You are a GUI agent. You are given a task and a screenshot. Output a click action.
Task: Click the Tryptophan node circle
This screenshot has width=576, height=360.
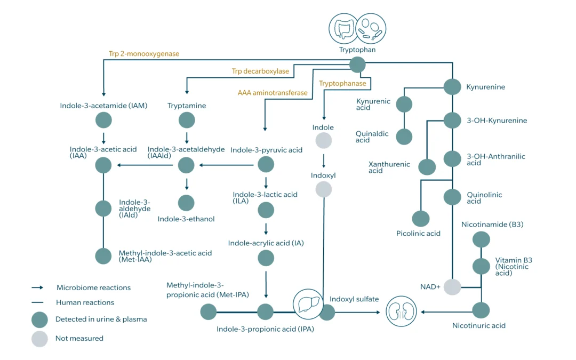pos(357,65)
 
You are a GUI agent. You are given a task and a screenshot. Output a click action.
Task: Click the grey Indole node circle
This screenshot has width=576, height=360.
pos(324,141)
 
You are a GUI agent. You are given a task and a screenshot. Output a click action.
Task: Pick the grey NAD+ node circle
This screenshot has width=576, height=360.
pos(452,287)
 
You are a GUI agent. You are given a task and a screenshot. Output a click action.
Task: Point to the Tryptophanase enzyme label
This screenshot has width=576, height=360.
pos(342,83)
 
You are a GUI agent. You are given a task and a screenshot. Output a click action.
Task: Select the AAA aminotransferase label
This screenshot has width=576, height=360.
pos(273,93)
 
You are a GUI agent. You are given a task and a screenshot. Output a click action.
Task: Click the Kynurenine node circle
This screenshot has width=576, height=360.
pos(452,86)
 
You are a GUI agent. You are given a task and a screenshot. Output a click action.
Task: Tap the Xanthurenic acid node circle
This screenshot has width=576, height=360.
pos(427,167)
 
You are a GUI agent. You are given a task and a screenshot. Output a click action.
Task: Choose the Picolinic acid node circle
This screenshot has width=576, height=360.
pos(420,219)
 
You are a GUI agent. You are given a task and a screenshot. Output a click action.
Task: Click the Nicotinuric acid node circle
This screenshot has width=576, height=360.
pos(481,310)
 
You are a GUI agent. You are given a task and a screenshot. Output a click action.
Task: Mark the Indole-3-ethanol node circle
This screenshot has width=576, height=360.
pos(186,203)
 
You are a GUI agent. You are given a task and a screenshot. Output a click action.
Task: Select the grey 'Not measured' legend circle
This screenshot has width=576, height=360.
pos(39,338)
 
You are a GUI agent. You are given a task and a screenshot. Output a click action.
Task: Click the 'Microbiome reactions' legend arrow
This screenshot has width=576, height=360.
pos(38,287)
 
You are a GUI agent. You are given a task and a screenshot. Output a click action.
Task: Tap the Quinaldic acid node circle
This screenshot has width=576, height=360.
pos(404,137)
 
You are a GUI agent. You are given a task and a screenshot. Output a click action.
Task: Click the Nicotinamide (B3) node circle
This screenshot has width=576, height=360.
pos(481,239)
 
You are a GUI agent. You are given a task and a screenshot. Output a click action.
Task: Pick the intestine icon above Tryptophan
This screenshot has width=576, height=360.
pos(343,28)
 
